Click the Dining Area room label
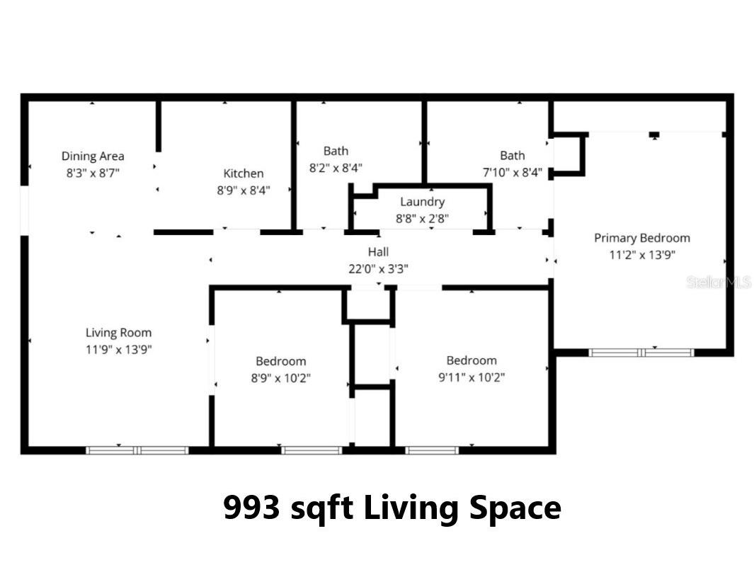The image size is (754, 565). click(93, 156)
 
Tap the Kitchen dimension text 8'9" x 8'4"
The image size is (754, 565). click(243, 190)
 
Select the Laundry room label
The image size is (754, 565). click(422, 202)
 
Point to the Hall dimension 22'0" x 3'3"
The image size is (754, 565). click(378, 268)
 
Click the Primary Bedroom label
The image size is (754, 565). click(641, 238)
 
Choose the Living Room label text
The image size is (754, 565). click(118, 333)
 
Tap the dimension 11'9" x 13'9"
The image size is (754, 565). click(118, 349)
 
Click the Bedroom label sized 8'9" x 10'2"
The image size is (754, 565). click(280, 361)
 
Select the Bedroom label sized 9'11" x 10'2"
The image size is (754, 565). click(471, 360)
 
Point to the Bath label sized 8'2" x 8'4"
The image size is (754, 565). click(336, 151)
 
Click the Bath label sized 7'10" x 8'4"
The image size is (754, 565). click(512, 156)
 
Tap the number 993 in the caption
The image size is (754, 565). click(251, 508)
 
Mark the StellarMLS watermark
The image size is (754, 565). click(718, 282)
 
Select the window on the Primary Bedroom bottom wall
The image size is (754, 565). click(641, 352)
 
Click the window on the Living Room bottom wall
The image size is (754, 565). click(137, 450)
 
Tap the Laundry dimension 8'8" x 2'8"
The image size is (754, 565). click(422, 219)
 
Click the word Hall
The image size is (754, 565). click(378, 251)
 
